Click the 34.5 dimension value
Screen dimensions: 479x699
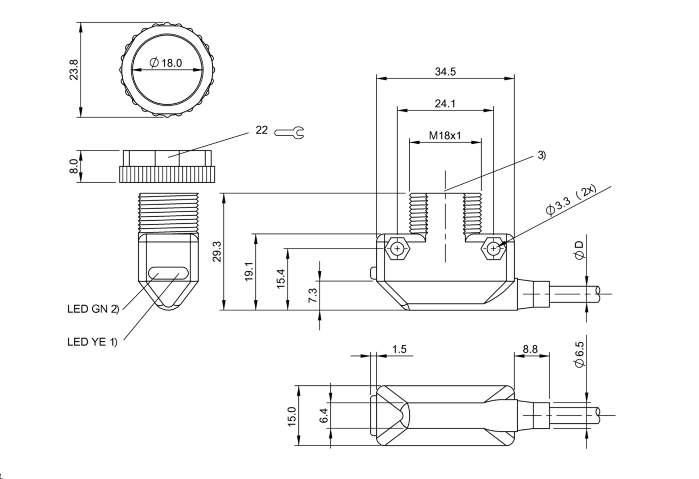pyautogui.click(x=445, y=72)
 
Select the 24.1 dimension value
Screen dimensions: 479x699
pyautogui.click(x=445, y=104)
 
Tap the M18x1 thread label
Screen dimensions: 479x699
pyautogui.click(x=445, y=136)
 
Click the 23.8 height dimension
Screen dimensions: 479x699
pyautogui.click(x=74, y=70)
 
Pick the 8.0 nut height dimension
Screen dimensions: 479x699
pyautogui.click(x=74, y=166)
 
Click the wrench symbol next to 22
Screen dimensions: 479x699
pyautogui.click(x=289, y=133)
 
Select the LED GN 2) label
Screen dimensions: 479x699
pyautogui.click(x=93, y=308)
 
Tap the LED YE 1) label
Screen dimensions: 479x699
pyautogui.click(x=92, y=342)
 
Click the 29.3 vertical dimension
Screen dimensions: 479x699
pyautogui.click(x=216, y=251)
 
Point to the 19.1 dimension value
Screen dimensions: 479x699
pyautogui.click(x=248, y=272)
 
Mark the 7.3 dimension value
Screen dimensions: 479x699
pyautogui.click(x=313, y=295)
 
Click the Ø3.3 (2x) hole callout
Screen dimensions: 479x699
pyautogui.click(x=571, y=202)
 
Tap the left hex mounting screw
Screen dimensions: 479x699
pyautogui.click(x=398, y=249)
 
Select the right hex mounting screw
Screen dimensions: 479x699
pyautogui.click(x=493, y=249)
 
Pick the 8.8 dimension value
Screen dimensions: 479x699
pyautogui.click(x=530, y=349)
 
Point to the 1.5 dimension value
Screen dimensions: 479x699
pyautogui.click(x=399, y=349)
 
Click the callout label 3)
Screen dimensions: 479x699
pyautogui.click(x=541, y=155)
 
